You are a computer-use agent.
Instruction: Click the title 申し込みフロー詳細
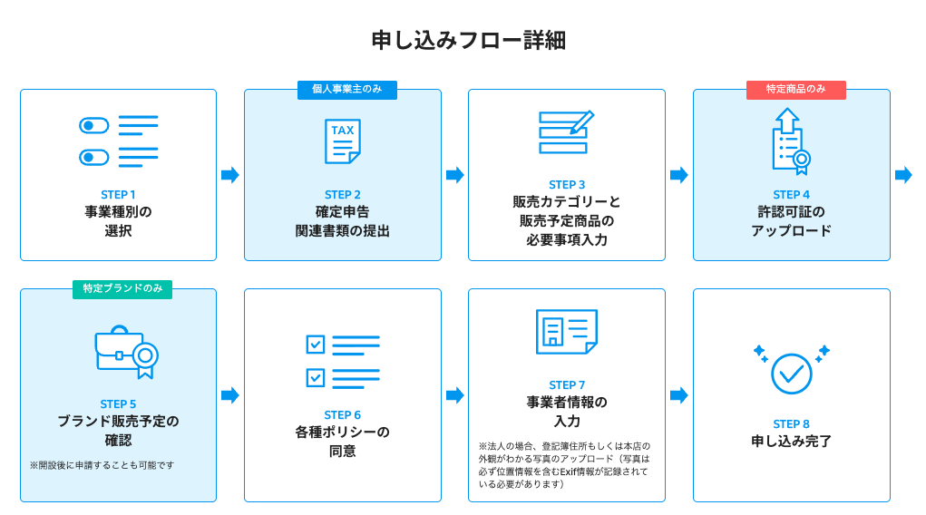463,41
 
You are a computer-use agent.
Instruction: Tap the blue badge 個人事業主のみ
347,89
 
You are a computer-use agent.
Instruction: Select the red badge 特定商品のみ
795,89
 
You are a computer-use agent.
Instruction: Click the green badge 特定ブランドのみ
122,288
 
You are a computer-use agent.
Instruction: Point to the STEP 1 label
118,194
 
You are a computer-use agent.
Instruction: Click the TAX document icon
343,141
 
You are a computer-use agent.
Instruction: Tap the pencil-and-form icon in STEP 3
566,132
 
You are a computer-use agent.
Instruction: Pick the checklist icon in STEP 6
342,359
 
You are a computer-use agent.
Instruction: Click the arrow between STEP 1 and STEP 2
230,175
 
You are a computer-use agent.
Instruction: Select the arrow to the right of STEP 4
903,175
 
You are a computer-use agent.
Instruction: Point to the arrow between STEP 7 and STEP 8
679,395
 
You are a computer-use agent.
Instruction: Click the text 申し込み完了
791,442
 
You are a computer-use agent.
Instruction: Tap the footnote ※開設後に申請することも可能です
102,465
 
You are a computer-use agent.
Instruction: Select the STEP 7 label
567,385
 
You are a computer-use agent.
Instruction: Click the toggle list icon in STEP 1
118,141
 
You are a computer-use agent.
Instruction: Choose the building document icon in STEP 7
566,332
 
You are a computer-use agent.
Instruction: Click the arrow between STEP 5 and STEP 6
230,395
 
